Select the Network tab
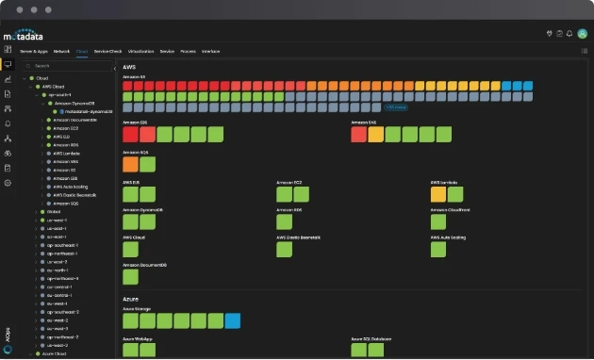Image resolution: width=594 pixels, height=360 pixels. pyautogui.click(x=61, y=50)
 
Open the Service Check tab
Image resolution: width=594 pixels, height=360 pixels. pyautogui.click(x=107, y=50)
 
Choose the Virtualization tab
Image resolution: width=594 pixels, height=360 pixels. pyautogui.click(x=140, y=50)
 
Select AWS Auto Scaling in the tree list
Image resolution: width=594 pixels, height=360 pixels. pyautogui.click(x=72, y=186)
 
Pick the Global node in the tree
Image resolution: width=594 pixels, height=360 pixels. pyautogui.click(x=53, y=211)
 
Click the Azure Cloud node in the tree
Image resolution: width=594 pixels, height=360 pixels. pyautogui.click(x=55, y=353)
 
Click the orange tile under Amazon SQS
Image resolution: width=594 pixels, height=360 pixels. pyautogui.click(x=130, y=164)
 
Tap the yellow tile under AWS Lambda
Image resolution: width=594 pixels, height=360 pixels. pyautogui.click(x=438, y=194)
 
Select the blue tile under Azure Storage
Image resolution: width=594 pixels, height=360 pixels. pyautogui.click(x=232, y=320)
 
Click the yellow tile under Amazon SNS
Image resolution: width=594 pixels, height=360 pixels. pyautogui.click(x=375, y=135)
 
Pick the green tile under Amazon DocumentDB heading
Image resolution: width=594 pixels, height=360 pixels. pyautogui.click(x=130, y=276)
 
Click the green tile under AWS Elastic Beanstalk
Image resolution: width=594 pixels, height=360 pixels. pyautogui.click(x=284, y=249)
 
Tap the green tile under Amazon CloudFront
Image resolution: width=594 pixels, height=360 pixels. pyautogui.click(x=438, y=221)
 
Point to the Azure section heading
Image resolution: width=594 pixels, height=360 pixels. pyautogui.click(x=130, y=297)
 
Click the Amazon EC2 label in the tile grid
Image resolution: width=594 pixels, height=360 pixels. pyautogui.click(x=289, y=182)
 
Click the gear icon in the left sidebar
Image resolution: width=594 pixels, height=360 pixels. pyautogui.click(x=8, y=182)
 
